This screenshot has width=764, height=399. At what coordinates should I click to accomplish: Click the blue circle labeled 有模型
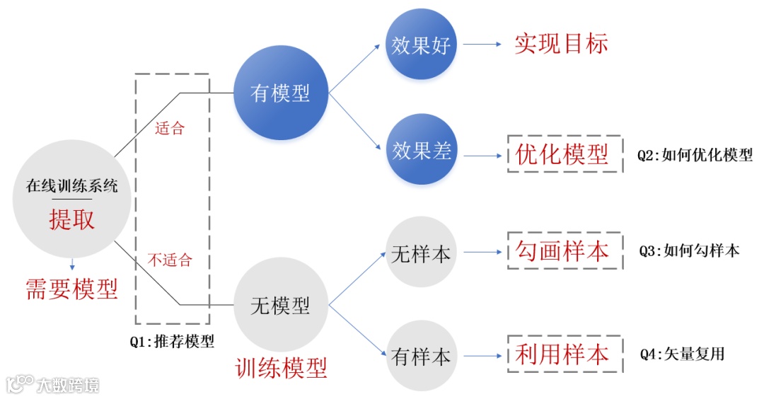coord(281,93)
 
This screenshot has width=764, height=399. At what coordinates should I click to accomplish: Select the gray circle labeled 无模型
coord(281,305)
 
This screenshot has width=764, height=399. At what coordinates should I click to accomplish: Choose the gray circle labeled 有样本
coord(422,356)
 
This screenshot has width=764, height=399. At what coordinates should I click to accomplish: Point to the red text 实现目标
coord(561,44)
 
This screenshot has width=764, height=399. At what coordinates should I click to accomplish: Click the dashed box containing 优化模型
coord(564,154)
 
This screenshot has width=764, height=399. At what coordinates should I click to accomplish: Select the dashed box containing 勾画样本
coord(564,250)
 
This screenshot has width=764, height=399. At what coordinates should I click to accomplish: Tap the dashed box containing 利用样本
coord(564,354)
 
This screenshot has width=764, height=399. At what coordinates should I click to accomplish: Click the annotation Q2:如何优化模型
coord(695,155)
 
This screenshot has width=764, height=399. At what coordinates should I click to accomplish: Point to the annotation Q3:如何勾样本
coord(689,250)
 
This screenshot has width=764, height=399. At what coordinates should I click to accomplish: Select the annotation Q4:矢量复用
coord(682,354)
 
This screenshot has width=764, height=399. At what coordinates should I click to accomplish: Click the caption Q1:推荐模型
coord(172,341)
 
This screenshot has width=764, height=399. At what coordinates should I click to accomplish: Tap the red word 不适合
coord(170,260)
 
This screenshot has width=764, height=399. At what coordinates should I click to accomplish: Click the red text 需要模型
coord(71,288)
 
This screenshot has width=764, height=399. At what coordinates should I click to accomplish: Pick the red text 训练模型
coord(281,368)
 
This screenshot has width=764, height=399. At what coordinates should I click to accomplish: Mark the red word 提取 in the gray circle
coord(71,219)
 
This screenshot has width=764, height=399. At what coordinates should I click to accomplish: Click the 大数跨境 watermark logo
coord(53,384)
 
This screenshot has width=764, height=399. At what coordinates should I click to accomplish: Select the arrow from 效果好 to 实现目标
coord(482,44)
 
